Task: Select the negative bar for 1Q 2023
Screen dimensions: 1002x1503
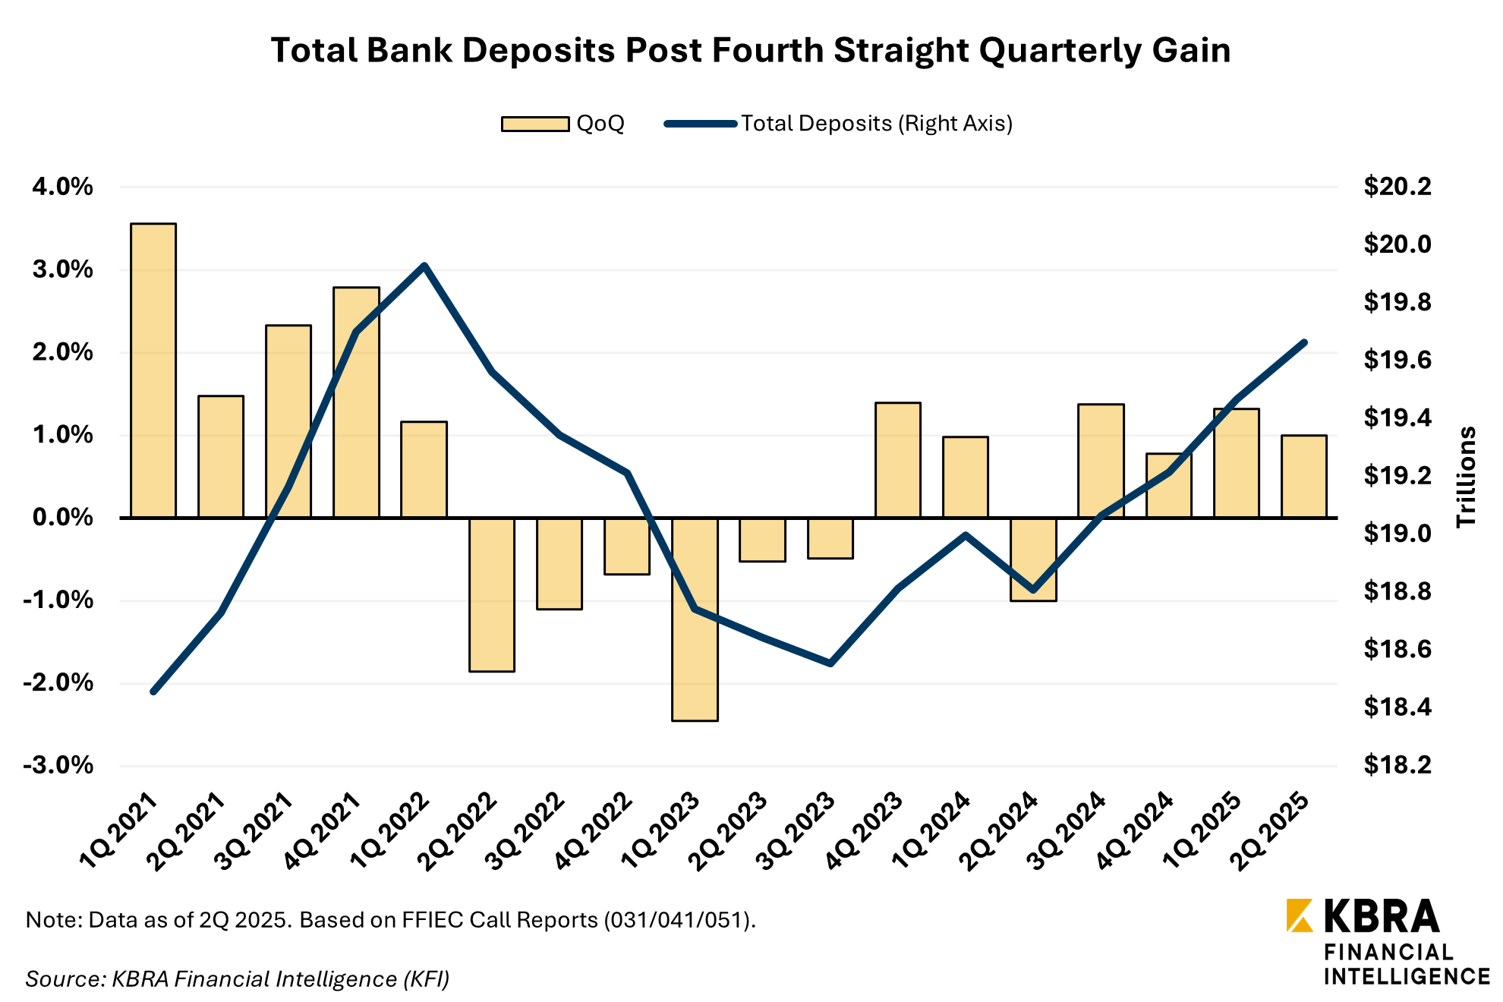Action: point(695,619)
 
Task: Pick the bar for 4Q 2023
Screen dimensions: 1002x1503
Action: point(897,460)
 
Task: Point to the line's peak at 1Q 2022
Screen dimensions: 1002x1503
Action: point(424,266)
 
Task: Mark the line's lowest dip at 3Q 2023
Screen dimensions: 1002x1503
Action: point(830,663)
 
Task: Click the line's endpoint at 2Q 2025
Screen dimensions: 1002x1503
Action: point(1304,342)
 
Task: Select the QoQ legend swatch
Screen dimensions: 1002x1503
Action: point(535,124)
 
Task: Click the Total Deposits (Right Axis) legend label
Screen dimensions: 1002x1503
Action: point(877,124)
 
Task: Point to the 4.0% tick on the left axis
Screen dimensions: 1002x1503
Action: point(62,187)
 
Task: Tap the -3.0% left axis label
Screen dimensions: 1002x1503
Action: point(58,765)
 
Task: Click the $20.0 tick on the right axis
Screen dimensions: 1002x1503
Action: point(1397,244)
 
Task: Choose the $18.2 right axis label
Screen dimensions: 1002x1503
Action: point(1397,765)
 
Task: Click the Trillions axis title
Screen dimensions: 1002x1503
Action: point(1466,477)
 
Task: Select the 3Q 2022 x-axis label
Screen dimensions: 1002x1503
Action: point(526,831)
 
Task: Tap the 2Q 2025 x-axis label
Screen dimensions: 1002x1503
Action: point(1271,831)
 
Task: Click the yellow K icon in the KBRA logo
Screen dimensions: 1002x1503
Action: point(1300,915)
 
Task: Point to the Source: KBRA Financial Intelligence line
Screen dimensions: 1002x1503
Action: point(238,978)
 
